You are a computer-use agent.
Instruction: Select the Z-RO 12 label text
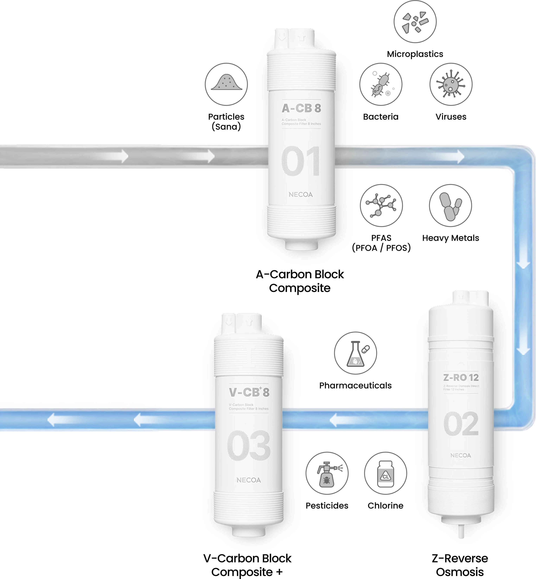point(461,377)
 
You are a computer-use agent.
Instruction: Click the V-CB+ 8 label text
point(249,392)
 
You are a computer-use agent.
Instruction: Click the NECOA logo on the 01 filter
point(301,195)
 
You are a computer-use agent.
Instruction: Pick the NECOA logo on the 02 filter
point(461,455)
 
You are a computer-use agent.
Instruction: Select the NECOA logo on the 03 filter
point(248,480)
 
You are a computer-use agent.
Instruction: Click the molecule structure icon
point(381,205)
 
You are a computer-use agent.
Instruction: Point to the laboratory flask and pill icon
point(355,353)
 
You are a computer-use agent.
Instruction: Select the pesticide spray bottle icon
point(327,473)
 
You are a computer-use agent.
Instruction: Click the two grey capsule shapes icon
point(450,205)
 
